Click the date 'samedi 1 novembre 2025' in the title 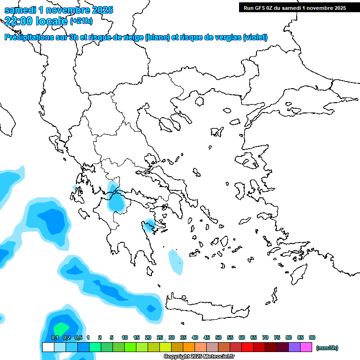click(59, 10)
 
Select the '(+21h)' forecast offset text click(81, 21)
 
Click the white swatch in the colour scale click(48, 347)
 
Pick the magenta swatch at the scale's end click(306, 347)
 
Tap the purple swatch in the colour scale click(294, 347)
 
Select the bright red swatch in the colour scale click(247, 347)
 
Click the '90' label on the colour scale click(312, 337)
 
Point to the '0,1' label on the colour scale click(54, 337)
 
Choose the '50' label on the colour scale click(218, 337)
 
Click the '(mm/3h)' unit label click(327, 348)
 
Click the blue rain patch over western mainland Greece click(114, 199)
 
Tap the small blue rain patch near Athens click(150, 225)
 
